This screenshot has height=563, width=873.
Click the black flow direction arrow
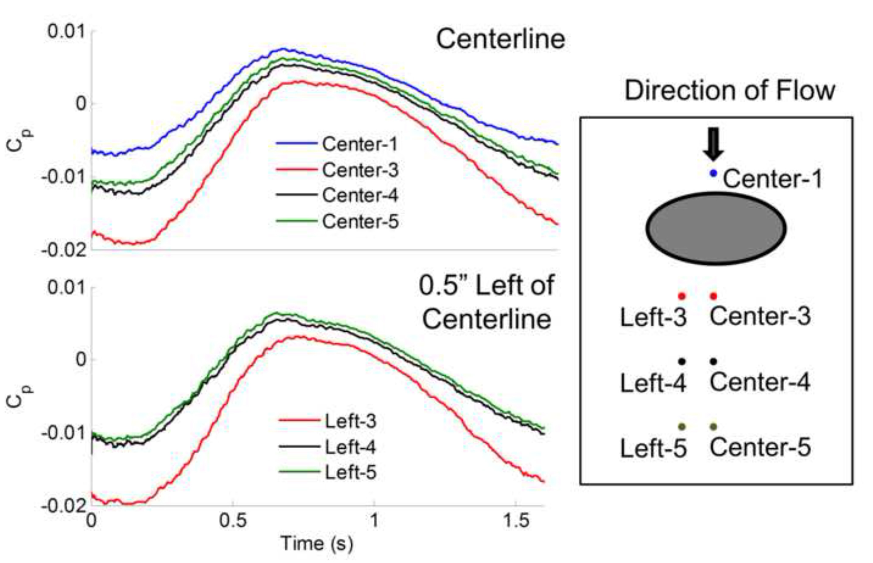click(x=713, y=144)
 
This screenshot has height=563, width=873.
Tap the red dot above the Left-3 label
click(x=682, y=295)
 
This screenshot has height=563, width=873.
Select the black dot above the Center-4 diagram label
click(x=713, y=361)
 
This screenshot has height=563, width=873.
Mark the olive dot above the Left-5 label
click(x=682, y=426)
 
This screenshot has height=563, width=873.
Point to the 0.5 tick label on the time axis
click(x=233, y=520)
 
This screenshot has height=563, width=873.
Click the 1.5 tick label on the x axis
click(x=515, y=520)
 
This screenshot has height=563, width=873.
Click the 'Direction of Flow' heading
click(x=730, y=90)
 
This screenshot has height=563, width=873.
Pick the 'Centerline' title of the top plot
click(x=500, y=39)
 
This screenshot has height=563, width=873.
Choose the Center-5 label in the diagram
click(x=760, y=447)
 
